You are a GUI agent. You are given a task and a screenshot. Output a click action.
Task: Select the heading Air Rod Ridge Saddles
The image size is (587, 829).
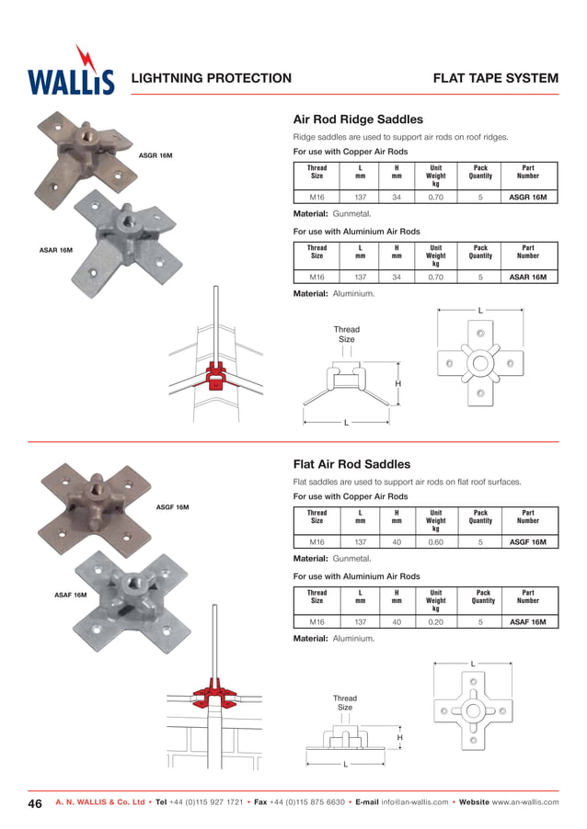(x=357, y=119)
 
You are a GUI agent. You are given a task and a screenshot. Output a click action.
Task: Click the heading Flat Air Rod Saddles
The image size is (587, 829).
(x=351, y=465)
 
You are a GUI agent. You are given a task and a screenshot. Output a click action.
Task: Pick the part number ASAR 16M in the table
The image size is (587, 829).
(x=528, y=277)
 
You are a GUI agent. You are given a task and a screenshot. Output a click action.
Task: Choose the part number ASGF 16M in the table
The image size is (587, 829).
(x=528, y=542)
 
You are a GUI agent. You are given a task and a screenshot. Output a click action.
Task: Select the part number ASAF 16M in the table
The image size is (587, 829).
(x=528, y=622)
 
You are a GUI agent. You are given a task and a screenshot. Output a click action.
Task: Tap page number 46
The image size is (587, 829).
(x=35, y=802)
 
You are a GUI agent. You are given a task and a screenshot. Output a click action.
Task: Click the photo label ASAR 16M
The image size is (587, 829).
(x=56, y=250)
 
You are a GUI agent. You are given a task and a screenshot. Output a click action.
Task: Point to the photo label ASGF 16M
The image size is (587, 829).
(x=172, y=507)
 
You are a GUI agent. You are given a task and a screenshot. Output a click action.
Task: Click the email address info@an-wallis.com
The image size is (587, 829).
(x=414, y=802)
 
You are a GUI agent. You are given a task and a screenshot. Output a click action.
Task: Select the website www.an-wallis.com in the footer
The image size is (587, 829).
(x=524, y=802)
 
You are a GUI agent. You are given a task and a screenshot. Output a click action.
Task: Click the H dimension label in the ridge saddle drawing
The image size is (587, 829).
(x=398, y=383)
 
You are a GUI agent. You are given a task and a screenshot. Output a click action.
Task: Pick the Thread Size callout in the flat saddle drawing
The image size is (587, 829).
(x=344, y=703)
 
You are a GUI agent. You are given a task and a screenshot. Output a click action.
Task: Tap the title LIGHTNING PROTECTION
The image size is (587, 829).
(x=212, y=78)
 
